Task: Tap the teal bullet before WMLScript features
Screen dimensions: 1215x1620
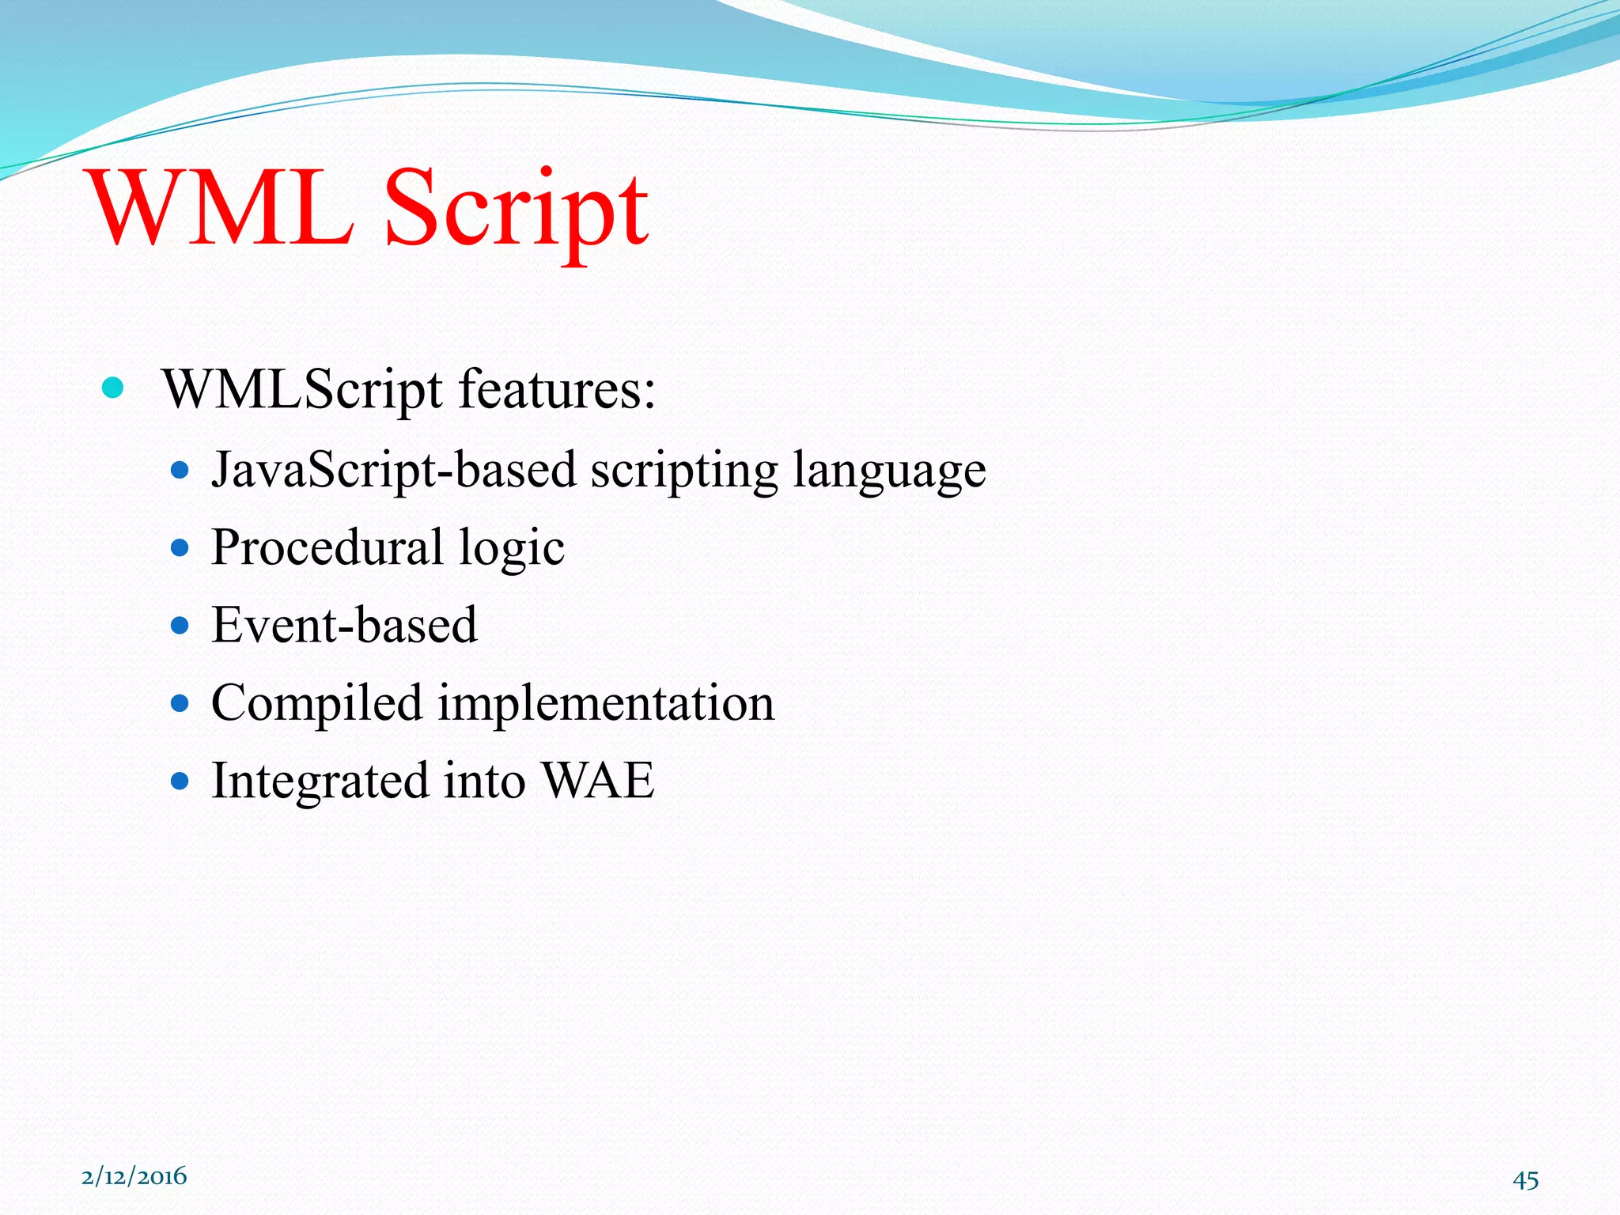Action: click(113, 388)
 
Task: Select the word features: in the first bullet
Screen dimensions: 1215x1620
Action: click(557, 389)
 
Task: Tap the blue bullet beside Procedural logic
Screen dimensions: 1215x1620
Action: click(180, 547)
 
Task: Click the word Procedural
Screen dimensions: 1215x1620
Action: click(327, 547)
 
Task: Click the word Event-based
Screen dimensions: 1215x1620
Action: click(344, 625)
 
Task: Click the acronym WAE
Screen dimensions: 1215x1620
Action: click(599, 780)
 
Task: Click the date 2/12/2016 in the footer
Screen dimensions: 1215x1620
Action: click(134, 1176)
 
